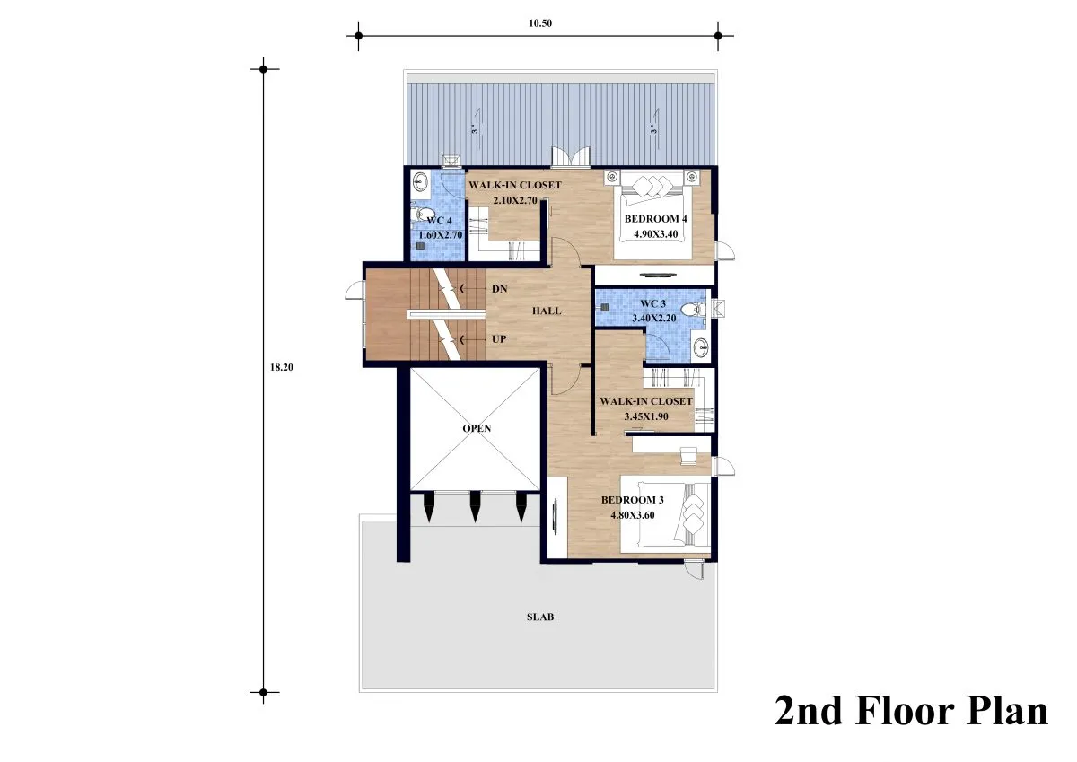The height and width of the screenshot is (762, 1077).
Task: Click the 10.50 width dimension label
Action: tap(540, 23)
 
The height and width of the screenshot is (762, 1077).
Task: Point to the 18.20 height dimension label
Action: tap(281, 367)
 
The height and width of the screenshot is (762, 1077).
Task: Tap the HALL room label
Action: tap(547, 311)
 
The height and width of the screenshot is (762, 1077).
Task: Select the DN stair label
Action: tap(500, 289)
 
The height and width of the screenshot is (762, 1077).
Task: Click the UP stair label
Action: tap(499, 339)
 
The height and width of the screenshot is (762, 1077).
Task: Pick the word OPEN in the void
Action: tap(477, 428)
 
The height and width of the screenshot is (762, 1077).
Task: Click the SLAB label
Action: tap(540, 617)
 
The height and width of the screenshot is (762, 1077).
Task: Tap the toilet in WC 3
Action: tap(693, 309)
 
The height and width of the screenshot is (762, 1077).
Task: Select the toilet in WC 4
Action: tap(421, 214)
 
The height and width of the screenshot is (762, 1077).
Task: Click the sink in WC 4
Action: tap(421, 181)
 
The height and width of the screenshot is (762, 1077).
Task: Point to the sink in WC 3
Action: tap(701, 346)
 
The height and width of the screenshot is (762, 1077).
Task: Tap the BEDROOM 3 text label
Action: tap(632, 500)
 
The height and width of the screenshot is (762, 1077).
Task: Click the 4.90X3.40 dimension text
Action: tap(655, 234)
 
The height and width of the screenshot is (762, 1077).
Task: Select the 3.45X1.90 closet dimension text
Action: tap(645, 416)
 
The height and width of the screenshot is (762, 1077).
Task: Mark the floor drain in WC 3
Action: tap(605, 307)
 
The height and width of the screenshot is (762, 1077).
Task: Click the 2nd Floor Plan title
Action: tap(911, 712)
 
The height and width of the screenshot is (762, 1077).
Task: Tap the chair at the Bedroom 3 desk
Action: tap(688, 456)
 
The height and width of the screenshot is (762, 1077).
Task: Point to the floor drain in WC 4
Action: tap(421, 246)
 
